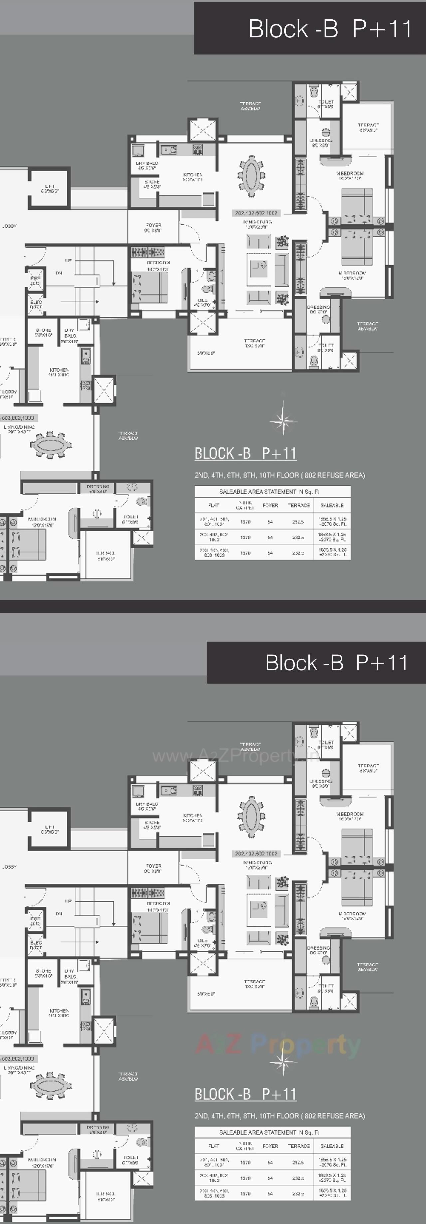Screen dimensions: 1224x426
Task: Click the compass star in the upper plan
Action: pos(283,420)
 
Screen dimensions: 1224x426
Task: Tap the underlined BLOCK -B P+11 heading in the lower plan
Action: pos(246,1094)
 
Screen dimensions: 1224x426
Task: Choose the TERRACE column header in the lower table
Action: pos(298,1146)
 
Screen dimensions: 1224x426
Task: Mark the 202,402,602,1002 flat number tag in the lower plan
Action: pos(256,854)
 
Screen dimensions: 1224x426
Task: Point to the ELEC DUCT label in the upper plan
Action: pos(36,305)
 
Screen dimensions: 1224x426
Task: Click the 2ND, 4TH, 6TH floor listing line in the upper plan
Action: pos(279,475)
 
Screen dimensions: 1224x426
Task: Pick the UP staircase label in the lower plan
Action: pos(68,901)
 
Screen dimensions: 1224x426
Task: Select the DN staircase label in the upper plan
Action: pos(59,273)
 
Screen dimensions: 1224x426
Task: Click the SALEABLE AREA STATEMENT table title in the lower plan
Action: pos(269,1132)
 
